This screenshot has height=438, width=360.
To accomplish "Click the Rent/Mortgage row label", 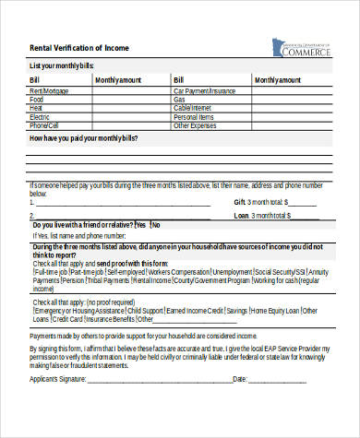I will click(48, 91).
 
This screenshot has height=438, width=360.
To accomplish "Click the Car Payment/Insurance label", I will click(205, 91).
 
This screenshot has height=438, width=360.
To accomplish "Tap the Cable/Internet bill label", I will click(192, 109).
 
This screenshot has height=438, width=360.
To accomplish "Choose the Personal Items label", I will click(193, 117).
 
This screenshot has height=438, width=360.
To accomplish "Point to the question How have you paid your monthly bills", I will click(84, 136).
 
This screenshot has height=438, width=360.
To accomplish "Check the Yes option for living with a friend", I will click(141, 224).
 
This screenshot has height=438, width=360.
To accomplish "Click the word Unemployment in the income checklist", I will click(233, 273).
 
